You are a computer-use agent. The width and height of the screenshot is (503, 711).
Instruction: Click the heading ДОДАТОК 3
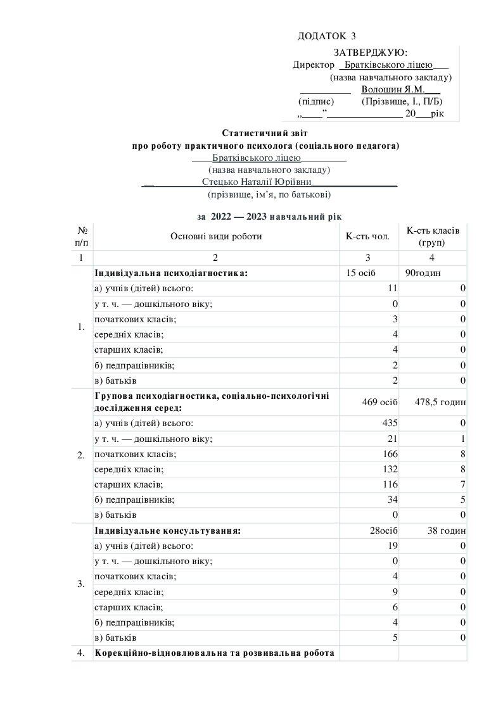point(326,36)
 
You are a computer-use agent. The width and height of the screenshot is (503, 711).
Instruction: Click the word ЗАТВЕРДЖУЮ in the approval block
point(370,52)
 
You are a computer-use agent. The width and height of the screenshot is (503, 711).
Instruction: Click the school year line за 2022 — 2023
point(269,217)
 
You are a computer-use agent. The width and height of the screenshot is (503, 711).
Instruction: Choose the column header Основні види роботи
point(215,236)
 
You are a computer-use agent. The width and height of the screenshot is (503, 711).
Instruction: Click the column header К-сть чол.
point(367,236)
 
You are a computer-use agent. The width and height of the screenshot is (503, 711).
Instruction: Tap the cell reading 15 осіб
point(359,273)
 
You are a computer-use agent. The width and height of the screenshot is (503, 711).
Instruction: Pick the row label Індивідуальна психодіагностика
point(170,273)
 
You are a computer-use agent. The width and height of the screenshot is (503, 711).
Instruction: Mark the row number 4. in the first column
point(80,653)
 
